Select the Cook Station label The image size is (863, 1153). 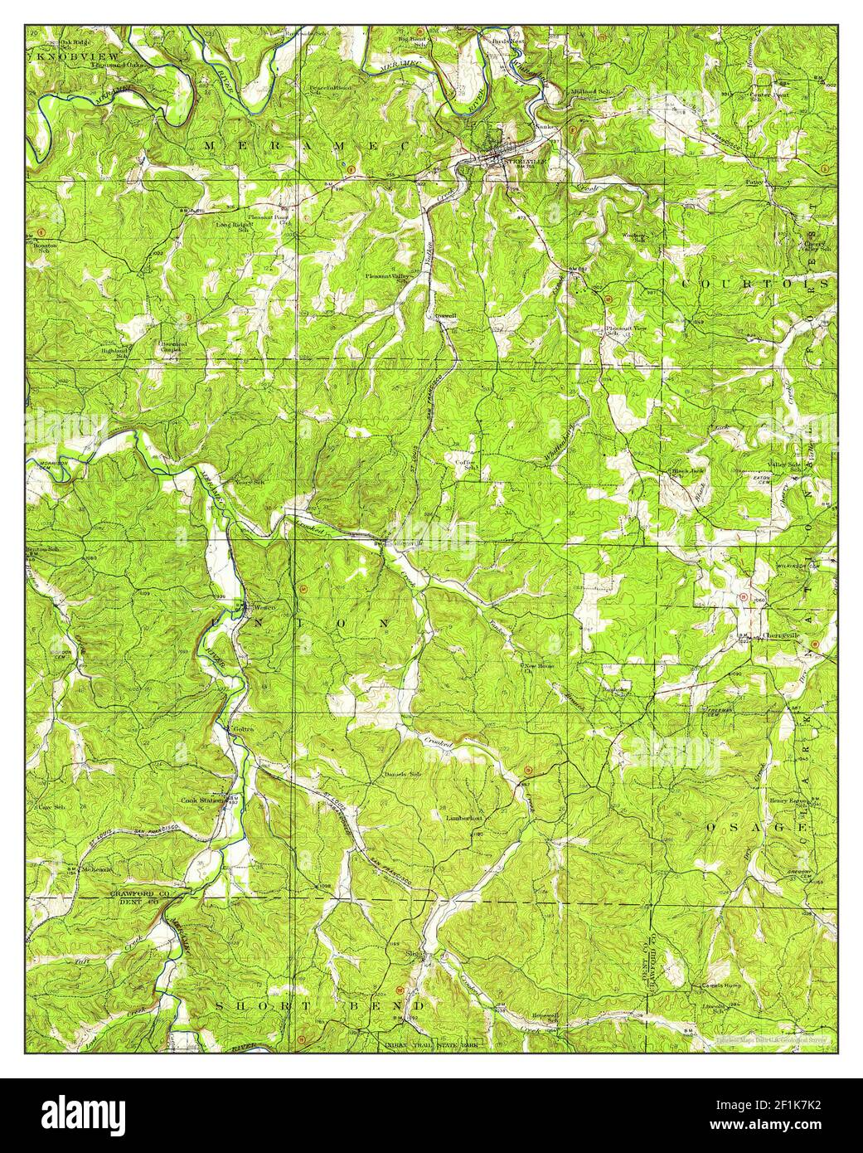[201, 800]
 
